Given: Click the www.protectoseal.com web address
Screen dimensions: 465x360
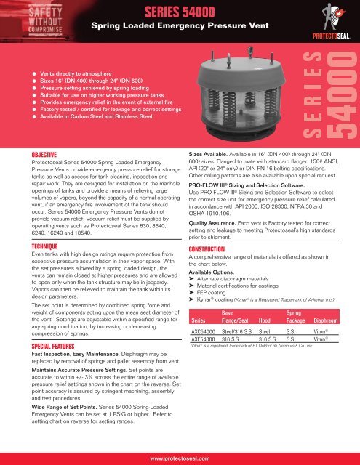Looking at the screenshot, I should click(180, 458).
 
